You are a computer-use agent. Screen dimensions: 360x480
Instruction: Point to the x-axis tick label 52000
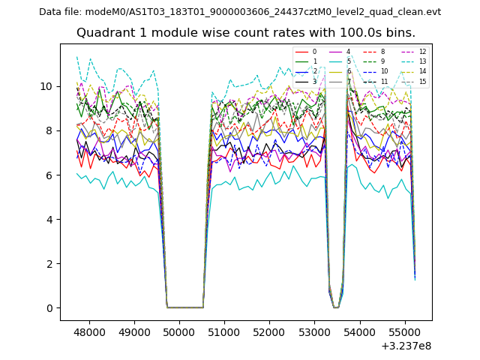269,331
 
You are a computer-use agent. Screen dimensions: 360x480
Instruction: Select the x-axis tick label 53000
314,331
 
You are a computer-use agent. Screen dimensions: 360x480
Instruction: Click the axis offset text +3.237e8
406,346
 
